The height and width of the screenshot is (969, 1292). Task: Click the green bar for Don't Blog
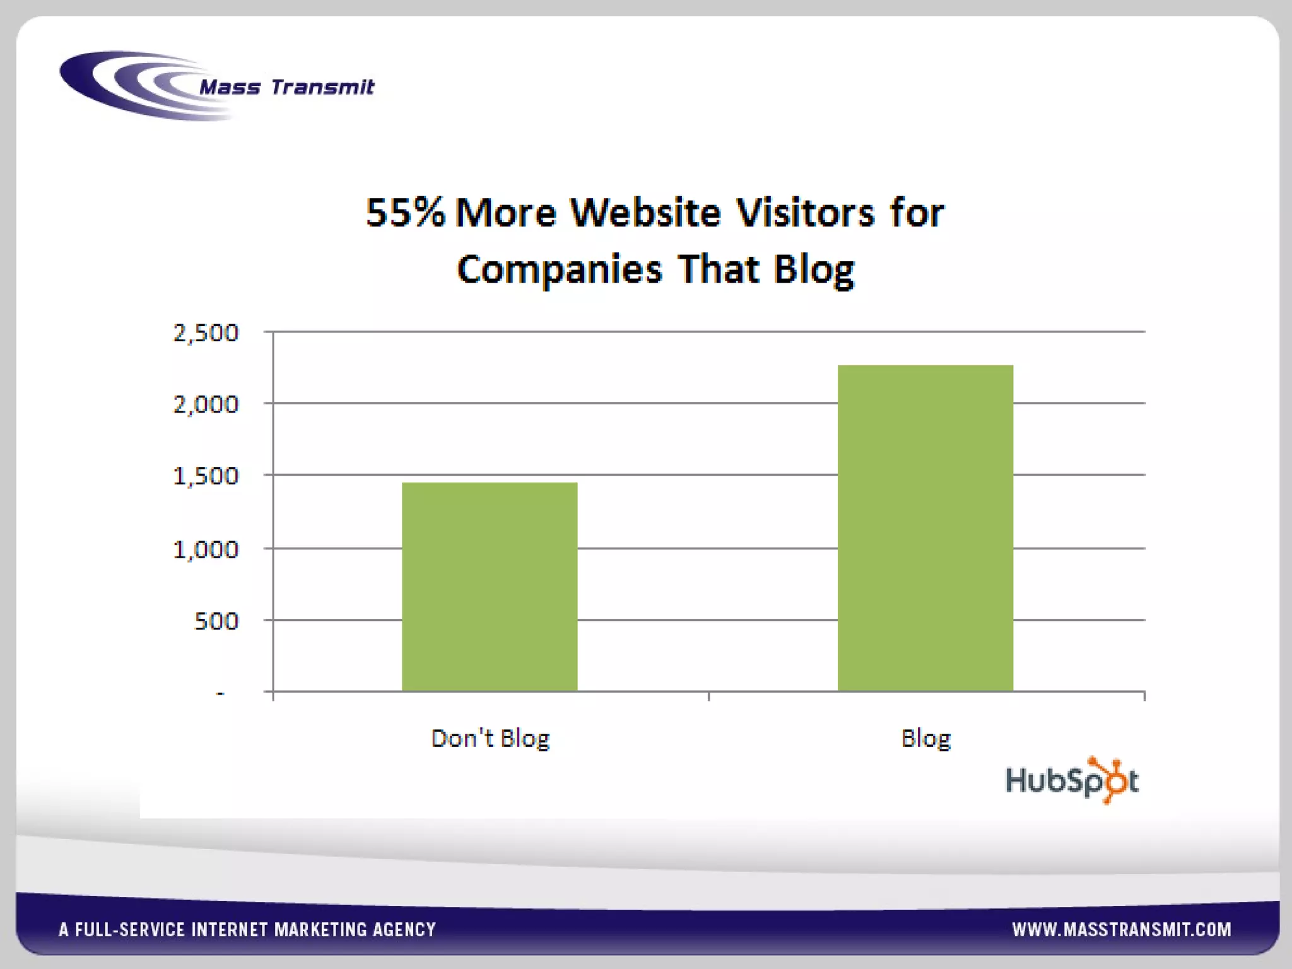click(490, 587)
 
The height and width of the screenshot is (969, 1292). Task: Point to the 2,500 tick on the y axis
click(206, 332)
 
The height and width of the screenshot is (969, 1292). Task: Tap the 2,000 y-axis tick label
click(206, 404)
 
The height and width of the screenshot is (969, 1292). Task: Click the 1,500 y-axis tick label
click(206, 476)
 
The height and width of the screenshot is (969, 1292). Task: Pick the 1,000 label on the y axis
click(206, 549)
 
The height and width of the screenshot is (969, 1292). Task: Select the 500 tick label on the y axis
click(216, 621)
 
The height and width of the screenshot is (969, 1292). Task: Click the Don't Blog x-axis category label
click(490, 738)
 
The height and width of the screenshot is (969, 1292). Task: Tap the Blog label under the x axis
click(925, 738)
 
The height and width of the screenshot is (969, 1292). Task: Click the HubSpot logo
click(1071, 780)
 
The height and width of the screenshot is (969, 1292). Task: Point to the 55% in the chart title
click(405, 213)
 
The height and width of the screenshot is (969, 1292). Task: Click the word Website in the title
click(645, 213)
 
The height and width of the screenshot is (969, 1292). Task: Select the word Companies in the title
click(560, 269)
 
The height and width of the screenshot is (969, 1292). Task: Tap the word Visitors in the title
click(806, 213)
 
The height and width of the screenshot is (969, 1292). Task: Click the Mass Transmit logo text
click(287, 86)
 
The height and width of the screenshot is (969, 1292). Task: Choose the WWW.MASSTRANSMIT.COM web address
click(1122, 929)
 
